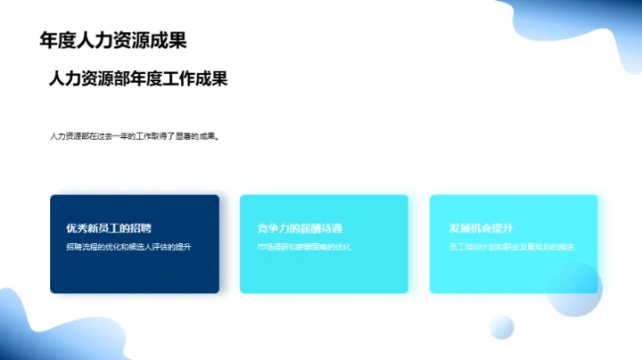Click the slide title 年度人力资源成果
coord(113,40)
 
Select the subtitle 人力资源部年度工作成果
coord(138,79)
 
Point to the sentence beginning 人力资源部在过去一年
coord(134,137)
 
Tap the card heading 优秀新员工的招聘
coord(109,228)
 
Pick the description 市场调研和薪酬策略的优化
coord(304,246)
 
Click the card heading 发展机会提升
coord(481,228)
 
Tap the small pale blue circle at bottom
coord(502,327)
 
